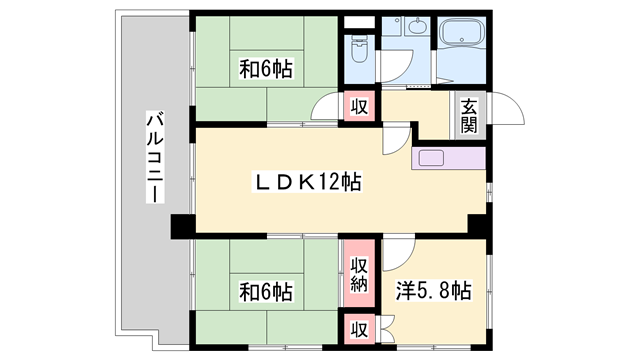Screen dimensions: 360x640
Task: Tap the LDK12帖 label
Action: (x=306, y=182)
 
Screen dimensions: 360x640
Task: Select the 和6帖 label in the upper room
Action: (x=266, y=70)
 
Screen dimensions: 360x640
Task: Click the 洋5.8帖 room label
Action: (x=433, y=292)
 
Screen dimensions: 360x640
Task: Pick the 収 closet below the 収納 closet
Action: (x=358, y=328)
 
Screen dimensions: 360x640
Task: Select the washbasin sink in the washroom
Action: (x=418, y=30)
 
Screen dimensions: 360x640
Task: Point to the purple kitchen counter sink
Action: (x=436, y=157)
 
